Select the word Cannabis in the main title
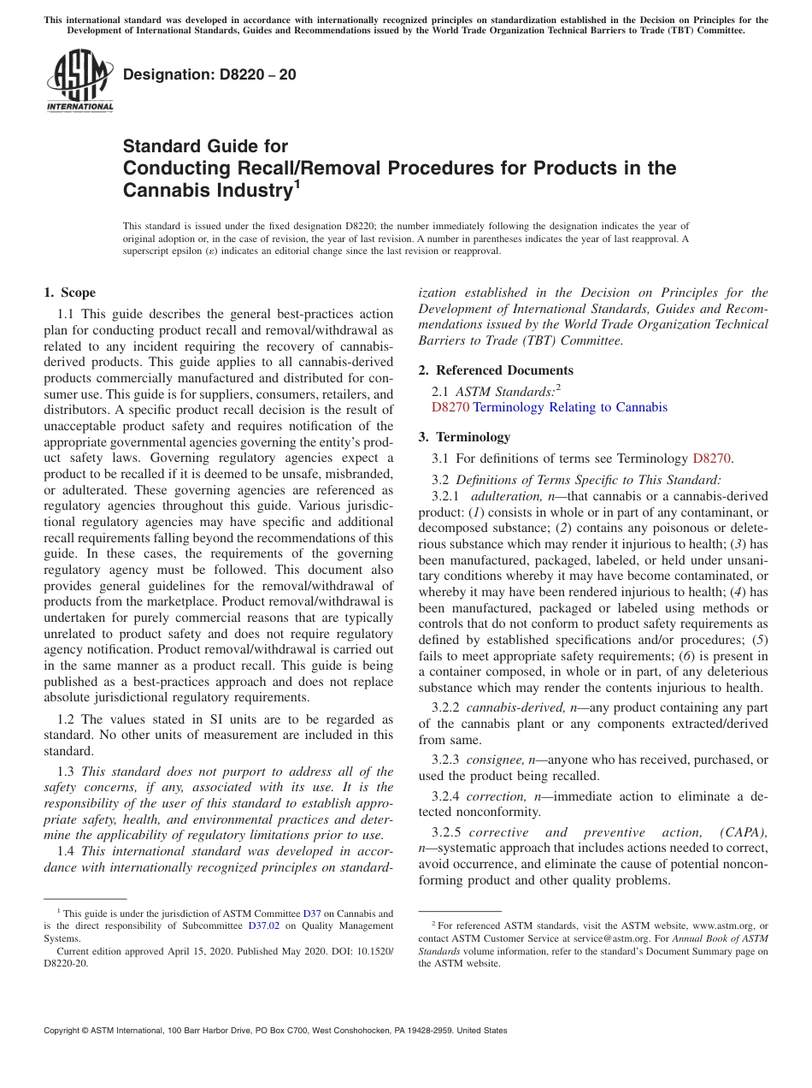162,190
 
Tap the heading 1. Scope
69,293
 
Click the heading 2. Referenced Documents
496,370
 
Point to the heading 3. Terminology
464,437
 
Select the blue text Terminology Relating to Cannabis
570,408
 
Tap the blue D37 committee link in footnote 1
312,914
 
